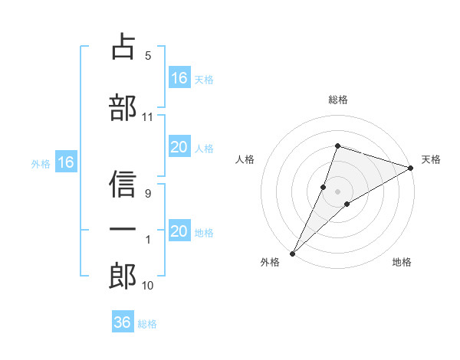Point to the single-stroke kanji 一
coord(123,229)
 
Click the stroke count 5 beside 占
coord(147,56)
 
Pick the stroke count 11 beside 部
coord(148,117)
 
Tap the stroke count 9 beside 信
coord(147,194)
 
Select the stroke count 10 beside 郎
coord(148,286)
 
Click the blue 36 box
coord(123,322)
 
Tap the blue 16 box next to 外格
coord(66,162)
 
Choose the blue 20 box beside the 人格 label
coord(179,148)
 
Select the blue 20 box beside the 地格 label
coord(179,232)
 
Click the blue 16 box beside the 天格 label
coord(179,78)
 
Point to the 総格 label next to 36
coord(147,324)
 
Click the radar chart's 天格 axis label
coord(432,159)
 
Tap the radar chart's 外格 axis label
coord(270,262)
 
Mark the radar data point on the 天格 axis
coord(411,169)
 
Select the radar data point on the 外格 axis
coord(292,253)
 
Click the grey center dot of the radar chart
coord(337,190)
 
